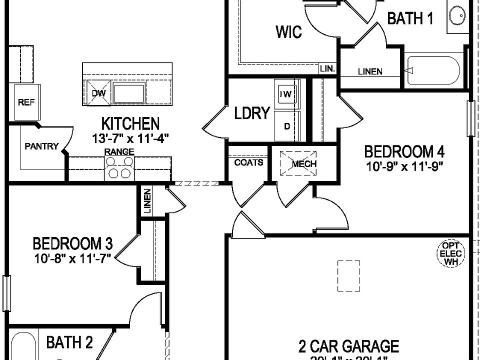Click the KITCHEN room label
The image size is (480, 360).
(130, 123)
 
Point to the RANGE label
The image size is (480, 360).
(119, 151)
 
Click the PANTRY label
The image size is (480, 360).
(42, 146)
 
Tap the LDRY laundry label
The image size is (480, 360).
(252, 113)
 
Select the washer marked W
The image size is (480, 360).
(287, 93)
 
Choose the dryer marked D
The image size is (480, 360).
(287, 126)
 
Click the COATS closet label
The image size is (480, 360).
(248, 162)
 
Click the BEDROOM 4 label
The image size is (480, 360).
(404, 151)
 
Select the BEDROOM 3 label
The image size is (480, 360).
(72, 244)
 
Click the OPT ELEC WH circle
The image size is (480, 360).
(451, 253)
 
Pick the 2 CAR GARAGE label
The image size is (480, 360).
(348, 346)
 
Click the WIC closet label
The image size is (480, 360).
(288, 32)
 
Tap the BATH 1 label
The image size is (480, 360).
(410, 19)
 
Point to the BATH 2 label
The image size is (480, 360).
(69, 342)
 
